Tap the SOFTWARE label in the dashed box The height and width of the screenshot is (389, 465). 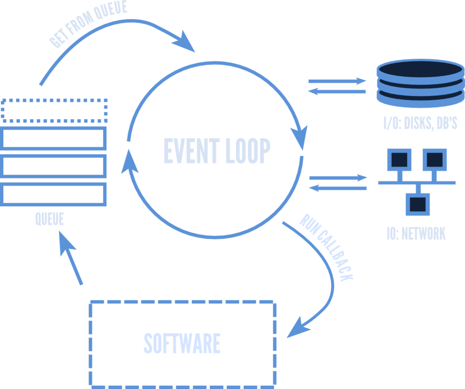pos(182,343)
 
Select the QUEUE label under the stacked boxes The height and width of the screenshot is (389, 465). pos(50,219)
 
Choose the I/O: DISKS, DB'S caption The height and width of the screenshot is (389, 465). pos(420,123)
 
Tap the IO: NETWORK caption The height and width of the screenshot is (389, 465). pos(416,234)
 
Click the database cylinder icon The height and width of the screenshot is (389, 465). pos(420,83)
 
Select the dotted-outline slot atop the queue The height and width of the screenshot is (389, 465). pos(54,110)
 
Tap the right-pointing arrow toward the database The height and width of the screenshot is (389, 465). pos(337,81)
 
